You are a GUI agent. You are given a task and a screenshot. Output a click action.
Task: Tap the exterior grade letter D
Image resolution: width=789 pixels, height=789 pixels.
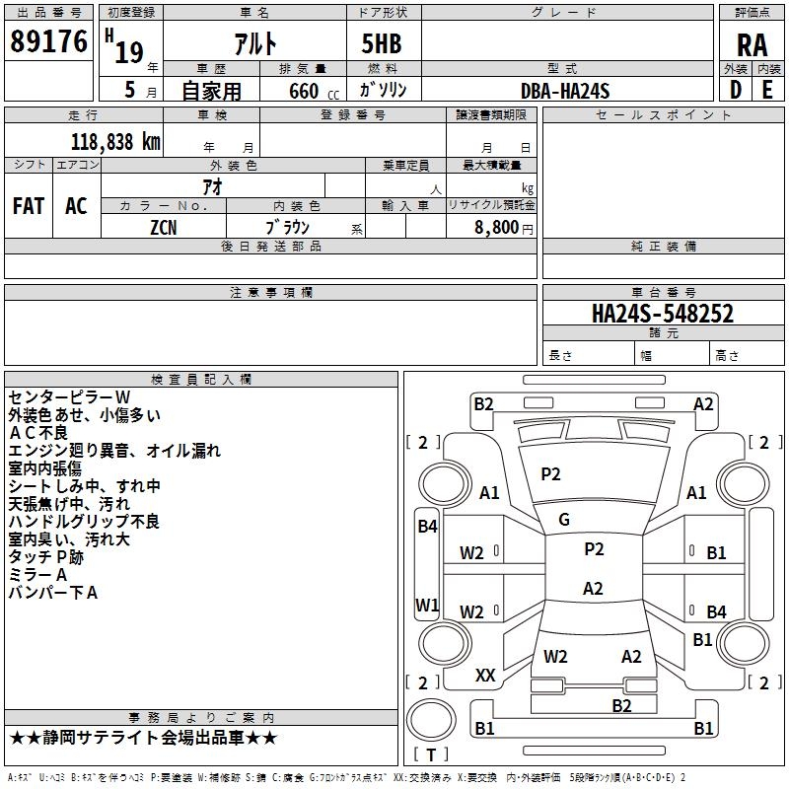pos(735,90)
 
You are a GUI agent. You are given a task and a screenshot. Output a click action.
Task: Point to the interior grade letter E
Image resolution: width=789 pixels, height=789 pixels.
pos(766,90)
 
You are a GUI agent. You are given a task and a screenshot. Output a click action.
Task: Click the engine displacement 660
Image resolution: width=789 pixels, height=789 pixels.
pos(303,92)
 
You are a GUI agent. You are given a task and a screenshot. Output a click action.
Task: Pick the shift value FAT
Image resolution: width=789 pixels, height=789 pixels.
pos(28,206)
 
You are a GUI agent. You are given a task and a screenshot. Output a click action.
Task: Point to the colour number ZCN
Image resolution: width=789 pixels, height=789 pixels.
pos(164,228)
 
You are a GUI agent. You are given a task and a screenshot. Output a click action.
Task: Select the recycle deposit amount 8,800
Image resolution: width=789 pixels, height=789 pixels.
pos(496,228)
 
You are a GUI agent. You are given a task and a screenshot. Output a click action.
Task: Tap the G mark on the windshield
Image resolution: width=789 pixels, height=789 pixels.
pos(564,520)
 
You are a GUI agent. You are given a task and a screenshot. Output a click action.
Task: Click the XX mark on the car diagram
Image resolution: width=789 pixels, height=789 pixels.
pos(485,676)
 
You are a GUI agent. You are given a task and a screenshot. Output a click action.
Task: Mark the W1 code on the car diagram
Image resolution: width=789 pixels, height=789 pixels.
pos(427,605)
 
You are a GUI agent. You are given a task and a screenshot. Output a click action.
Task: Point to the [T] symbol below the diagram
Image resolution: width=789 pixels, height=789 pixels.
pos(430,754)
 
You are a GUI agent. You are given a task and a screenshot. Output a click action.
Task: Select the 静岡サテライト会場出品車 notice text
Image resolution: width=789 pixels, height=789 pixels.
pos(144,738)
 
